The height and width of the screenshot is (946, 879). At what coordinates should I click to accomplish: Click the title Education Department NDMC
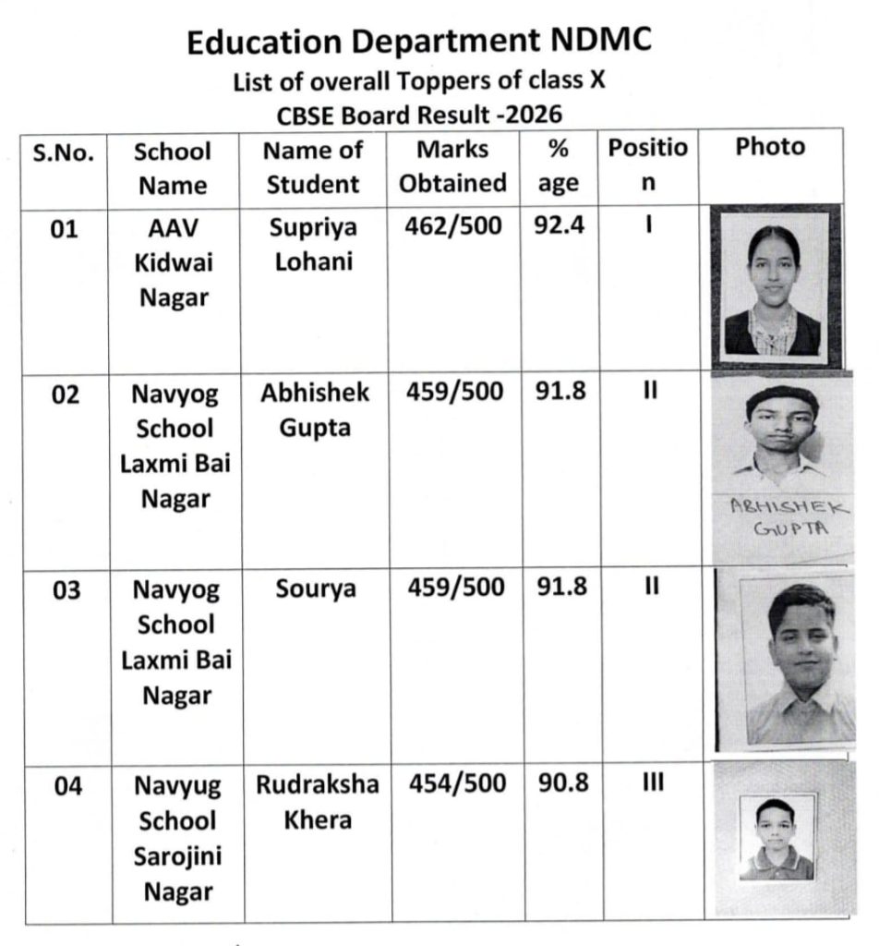[x=419, y=42]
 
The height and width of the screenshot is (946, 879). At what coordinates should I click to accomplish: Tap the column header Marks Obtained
[x=452, y=166]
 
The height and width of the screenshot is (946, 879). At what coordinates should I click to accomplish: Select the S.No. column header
[x=64, y=152]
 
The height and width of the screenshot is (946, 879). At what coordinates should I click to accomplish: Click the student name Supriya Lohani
[x=313, y=245]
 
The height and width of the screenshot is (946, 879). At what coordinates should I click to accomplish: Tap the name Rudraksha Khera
[x=317, y=802]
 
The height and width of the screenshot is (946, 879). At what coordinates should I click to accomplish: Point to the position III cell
[x=649, y=784]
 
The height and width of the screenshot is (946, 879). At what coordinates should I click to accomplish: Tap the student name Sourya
[x=316, y=589]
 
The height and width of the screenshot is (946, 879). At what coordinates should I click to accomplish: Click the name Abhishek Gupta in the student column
[x=315, y=410]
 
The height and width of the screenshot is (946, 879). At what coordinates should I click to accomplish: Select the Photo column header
[x=770, y=148]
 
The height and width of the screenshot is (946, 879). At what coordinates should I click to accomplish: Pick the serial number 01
[x=65, y=229]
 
